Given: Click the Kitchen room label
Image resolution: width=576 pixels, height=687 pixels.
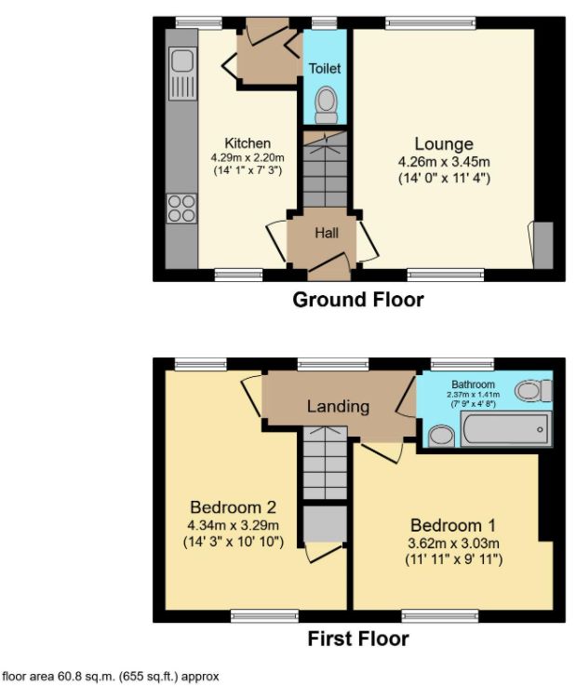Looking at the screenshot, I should point(248,143).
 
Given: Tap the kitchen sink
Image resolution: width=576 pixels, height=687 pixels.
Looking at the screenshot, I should point(181,63).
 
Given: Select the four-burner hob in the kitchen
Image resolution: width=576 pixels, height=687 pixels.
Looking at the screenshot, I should point(181,208).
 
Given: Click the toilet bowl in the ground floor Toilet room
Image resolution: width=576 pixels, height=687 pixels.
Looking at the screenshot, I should point(326,104).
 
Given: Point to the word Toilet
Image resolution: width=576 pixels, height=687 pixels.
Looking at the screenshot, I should point(326,69).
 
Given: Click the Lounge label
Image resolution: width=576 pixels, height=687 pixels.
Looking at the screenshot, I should point(444,144).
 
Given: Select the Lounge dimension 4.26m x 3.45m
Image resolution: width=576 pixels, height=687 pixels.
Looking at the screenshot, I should point(444,161).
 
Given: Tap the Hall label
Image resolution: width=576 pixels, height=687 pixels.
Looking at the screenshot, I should point(326,234).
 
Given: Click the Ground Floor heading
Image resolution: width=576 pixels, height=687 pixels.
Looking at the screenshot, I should point(358,300).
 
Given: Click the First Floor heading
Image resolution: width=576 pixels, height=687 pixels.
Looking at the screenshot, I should point(358,640).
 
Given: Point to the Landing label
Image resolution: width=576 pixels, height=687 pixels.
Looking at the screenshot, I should point(338,407).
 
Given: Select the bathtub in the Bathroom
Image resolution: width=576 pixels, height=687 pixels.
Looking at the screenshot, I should point(502,430).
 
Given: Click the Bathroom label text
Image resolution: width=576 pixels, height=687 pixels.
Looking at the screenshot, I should point(474,384).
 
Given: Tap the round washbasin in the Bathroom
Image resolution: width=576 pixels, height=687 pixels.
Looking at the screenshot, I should point(439,435).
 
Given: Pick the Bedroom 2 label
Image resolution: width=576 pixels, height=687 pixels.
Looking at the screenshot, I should point(234,507).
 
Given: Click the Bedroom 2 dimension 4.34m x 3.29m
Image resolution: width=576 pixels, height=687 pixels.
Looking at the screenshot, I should point(234,525).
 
